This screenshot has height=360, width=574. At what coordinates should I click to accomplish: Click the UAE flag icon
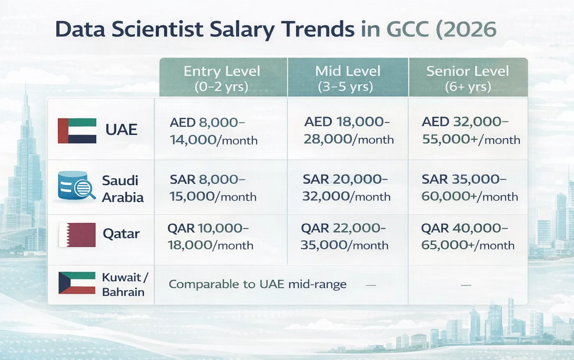[x=77, y=131]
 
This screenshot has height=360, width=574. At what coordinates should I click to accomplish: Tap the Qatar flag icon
[x=77, y=235]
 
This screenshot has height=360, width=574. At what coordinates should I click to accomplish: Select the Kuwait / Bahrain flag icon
[x=77, y=283]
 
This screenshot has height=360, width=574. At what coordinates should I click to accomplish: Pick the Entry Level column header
[x=222, y=78]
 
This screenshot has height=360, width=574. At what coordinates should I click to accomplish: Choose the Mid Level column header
[x=348, y=78]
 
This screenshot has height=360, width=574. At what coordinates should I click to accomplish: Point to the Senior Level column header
[x=468, y=78]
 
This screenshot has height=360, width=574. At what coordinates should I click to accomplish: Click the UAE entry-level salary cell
[x=213, y=131]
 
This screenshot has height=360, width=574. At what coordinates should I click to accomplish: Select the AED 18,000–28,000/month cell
[x=348, y=130]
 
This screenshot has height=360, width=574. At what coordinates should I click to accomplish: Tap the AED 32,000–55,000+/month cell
[x=471, y=131]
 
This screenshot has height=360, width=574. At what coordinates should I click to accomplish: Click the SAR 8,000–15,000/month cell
[x=213, y=187]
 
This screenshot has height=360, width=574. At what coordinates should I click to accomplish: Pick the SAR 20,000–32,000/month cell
[x=346, y=187]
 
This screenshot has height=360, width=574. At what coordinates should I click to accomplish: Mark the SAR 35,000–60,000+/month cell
[x=469, y=187]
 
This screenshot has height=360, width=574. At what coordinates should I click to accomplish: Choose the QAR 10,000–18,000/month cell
[x=210, y=236]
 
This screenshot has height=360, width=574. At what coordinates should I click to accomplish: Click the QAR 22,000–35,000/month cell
[x=344, y=236]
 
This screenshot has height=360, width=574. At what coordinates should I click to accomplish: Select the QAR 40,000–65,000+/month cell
[x=468, y=236]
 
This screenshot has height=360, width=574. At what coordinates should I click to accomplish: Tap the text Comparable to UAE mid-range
[x=257, y=285]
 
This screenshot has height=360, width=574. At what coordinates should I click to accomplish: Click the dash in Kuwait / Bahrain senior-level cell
[x=466, y=285]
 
